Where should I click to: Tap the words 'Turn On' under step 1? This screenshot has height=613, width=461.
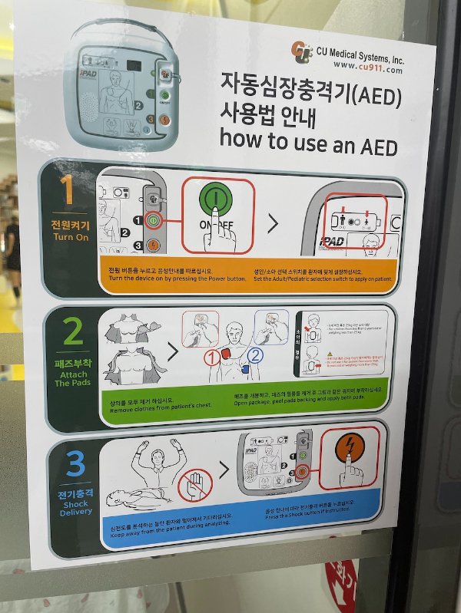70,237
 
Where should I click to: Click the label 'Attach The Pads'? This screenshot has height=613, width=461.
73,378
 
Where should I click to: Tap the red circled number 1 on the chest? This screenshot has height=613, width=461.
212,357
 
